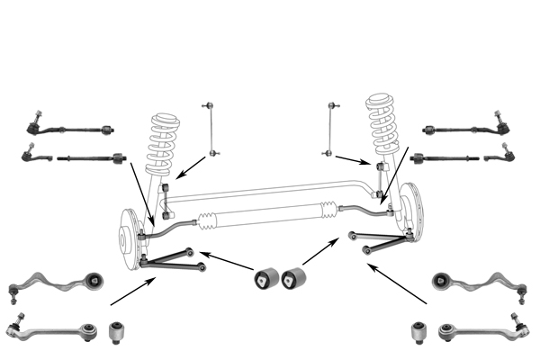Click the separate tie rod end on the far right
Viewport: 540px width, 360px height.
coord(501,157)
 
